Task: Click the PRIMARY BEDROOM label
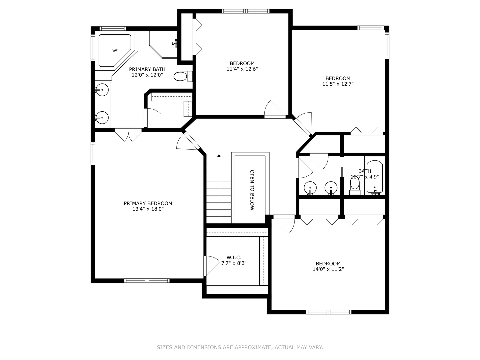tap(148, 203)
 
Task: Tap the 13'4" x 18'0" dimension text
tap(148, 209)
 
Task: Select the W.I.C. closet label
tap(234, 257)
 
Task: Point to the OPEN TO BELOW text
tap(252, 190)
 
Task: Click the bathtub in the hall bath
tap(375, 177)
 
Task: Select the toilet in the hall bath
tap(355, 185)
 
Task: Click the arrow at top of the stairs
tap(219, 156)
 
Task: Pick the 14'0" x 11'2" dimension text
tap(328, 269)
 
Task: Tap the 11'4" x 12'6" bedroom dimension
tap(242, 69)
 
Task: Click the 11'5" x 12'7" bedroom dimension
tap(338, 84)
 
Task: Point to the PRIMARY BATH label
tap(147, 69)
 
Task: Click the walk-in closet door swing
tap(211, 265)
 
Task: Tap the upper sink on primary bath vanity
tap(102, 90)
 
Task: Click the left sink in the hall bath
tap(310, 188)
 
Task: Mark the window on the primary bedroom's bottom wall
tap(147, 280)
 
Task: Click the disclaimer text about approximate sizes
tap(240, 347)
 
